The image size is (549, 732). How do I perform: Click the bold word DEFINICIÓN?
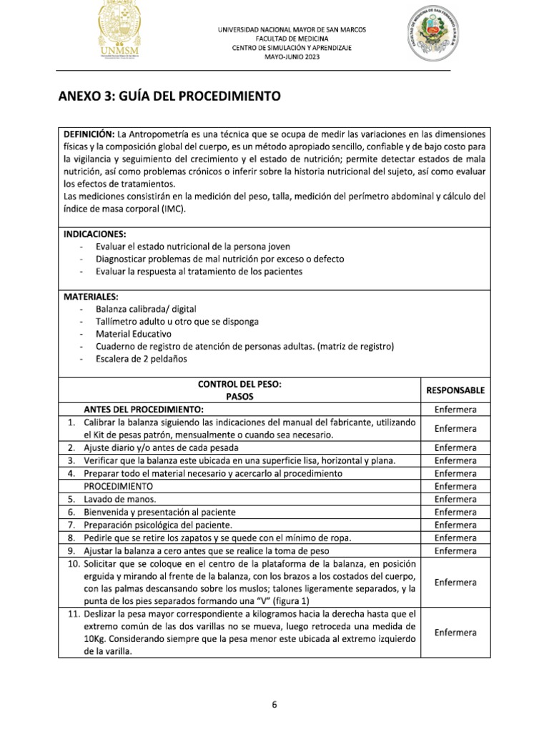[x=89, y=134]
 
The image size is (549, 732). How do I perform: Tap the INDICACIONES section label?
[x=94, y=234]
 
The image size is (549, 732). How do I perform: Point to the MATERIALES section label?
[x=91, y=296]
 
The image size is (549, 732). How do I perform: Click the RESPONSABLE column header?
[x=455, y=390]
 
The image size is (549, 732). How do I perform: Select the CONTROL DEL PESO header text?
[x=239, y=384]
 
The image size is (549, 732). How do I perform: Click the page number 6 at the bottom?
[x=274, y=704]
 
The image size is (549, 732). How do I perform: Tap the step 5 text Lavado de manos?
[x=120, y=499]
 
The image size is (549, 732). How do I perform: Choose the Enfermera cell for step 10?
[x=455, y=582]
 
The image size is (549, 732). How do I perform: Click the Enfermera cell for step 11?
[x=455, y=633]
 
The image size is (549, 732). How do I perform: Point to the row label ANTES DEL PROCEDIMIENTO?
[x=144, y=409]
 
